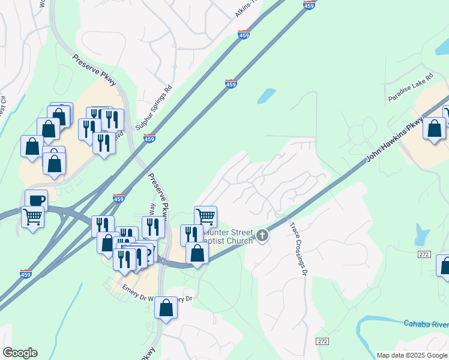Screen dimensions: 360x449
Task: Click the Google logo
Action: (x=20, y=353)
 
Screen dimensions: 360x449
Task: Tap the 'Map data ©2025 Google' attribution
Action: (x=412, y=355)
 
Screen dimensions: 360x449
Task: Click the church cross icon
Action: (x=262, y=235)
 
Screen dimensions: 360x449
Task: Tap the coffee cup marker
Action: (x=36, y=200)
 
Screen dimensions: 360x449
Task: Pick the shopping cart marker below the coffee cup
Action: (x=32, y=217)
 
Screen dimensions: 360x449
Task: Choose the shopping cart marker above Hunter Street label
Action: (x=205, y=216)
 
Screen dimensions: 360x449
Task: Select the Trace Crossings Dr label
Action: (x=298, y=248)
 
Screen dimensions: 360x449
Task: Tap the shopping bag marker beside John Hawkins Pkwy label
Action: (x=434, y=128)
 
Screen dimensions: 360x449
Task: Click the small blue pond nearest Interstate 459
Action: (x=266, y=96)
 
